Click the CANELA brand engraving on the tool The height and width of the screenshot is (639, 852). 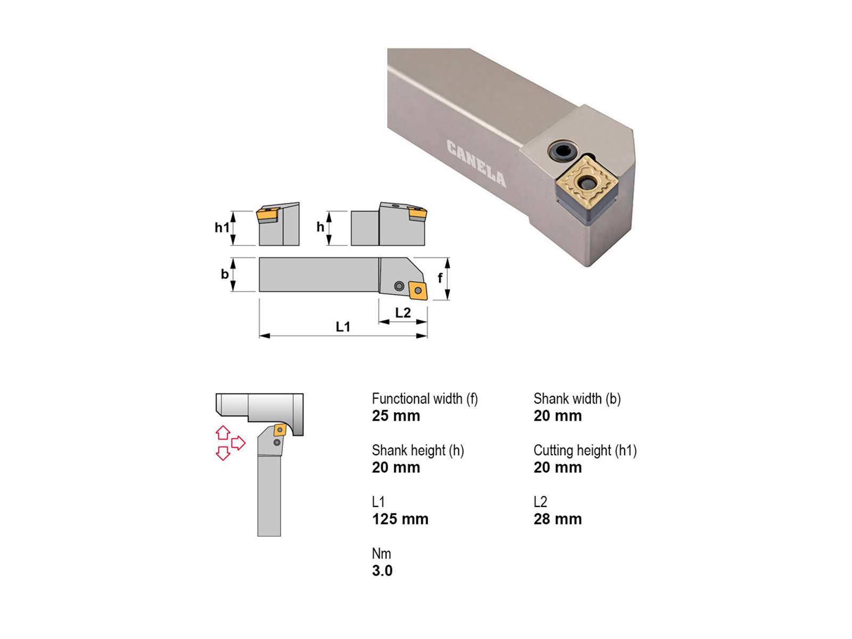pos(476,163)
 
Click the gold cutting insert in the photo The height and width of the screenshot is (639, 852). pos(585,181)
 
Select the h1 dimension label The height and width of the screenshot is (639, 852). pos(222,227)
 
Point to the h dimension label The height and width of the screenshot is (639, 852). pos(320,227)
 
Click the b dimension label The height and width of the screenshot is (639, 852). pos(224,274)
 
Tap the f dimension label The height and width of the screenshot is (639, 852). pos(440,278)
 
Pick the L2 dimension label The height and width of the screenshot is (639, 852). pos(403,313)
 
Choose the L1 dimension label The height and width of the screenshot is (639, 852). pos(343,327)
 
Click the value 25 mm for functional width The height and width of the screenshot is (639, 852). pos(396,416)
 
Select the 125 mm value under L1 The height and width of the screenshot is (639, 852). pos(400,519)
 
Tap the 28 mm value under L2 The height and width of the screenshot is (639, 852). pos(558,519)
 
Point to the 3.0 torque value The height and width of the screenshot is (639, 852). pos(382,571)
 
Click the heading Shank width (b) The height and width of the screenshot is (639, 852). pos(577,399)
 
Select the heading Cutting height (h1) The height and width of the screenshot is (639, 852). pos(585,450)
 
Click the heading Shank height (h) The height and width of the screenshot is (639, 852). pos(418,450)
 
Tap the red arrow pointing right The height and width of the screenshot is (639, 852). pos(239,443)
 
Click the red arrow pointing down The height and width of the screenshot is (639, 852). pos(223,453)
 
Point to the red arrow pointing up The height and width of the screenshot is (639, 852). pos(223,432)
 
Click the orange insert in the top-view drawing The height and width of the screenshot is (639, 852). pos(418,291)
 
